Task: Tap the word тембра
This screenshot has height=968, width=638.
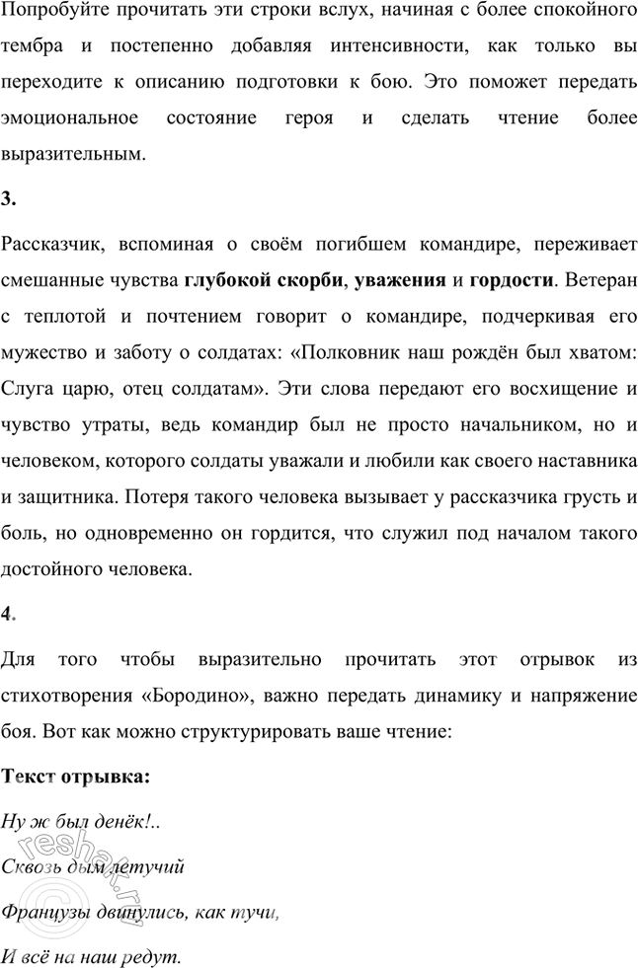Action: [x=29, y=48]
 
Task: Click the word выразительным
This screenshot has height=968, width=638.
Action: [x=71, y=153]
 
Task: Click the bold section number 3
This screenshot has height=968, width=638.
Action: [x=7, y=198]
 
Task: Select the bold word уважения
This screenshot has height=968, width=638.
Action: [x=397, y=279]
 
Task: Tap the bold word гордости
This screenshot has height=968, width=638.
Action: [x=512, y=279]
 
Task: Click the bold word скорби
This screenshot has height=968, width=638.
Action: [x=305, y=279]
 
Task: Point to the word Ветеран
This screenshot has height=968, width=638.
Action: [x=601, y=279]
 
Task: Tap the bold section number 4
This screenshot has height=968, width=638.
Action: [x=7, y=613]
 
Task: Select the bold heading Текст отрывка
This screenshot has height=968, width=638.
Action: [x=75, y=776]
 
